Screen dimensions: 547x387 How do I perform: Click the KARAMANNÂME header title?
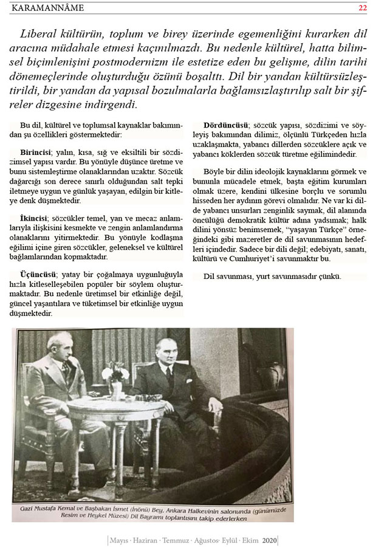tap(47, 8)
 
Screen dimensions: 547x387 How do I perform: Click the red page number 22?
tap(363, 8)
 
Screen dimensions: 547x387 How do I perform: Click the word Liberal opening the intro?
tap(41, 33)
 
